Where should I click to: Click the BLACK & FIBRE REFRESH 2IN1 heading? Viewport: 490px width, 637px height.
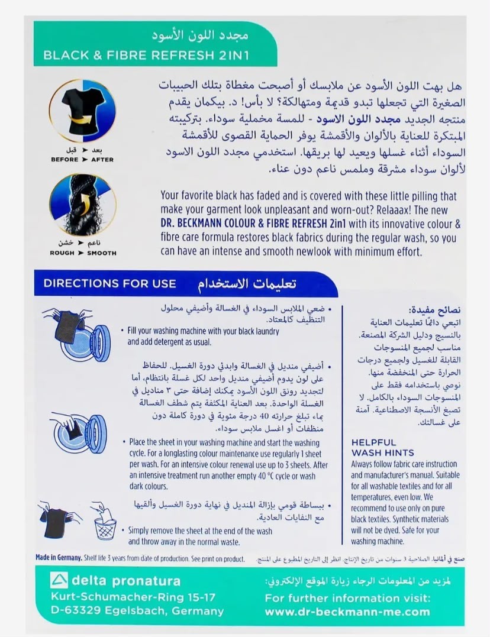tap(146, 55)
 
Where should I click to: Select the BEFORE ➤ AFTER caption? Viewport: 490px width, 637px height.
tap(82, 160)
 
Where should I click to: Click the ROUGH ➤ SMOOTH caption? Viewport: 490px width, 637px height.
tap(83, 253)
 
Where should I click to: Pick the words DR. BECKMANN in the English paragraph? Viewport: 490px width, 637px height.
tap(191, 224)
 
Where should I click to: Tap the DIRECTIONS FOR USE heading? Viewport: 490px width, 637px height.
tap(110, 283)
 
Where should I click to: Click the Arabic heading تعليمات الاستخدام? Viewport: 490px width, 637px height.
tap(247, 283)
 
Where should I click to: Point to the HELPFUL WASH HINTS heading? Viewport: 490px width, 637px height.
tap(383, 447)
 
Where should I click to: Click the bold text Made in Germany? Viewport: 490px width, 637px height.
tap(59, 558)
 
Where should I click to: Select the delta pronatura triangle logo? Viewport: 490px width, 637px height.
tap(59, 580)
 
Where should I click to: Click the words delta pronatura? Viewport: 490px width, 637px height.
tap(126, 581)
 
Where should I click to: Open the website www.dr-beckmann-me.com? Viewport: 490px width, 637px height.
tap(347, 612)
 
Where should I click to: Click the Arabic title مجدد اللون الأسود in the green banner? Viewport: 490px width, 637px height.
tap(200, 35)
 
